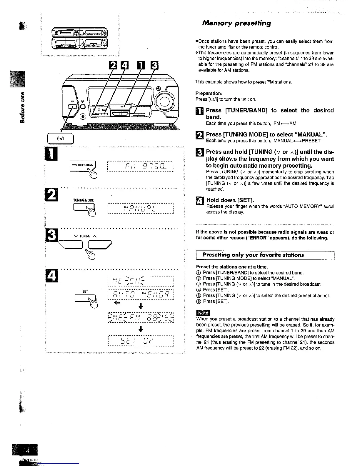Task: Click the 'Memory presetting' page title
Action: point(236,23)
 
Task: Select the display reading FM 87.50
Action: point(141,167)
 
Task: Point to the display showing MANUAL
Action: point(141,209)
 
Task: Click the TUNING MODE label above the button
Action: point(84,200)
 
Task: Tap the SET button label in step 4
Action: point(85,291)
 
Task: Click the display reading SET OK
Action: point(141,341)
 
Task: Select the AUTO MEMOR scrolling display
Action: point(141,295)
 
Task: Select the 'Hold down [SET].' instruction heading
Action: point(230,200)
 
